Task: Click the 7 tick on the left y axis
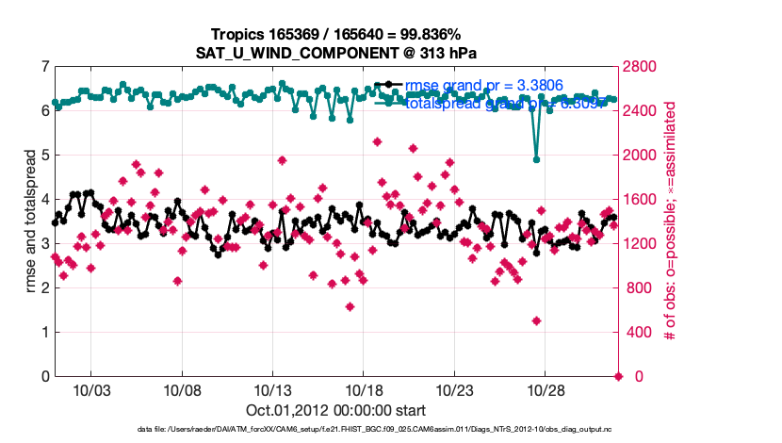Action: pos(44,67)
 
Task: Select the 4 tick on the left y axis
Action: pos(44,200)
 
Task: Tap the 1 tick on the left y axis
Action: pos(44,333)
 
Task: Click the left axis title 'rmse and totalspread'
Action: pos(29,221)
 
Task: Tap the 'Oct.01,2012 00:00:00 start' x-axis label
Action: pos(336,410)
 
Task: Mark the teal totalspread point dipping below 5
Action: pos(536,159)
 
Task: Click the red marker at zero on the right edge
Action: pos(619,376)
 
